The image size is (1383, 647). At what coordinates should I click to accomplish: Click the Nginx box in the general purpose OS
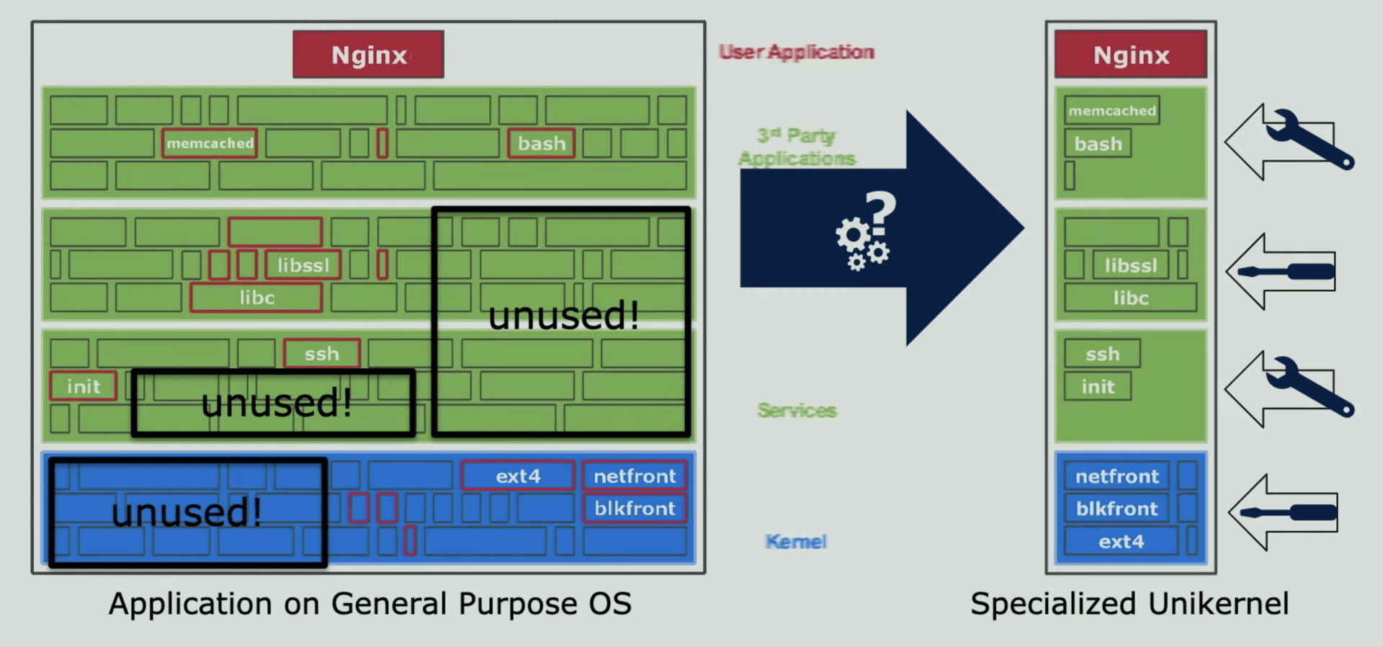pyautogui.click(x=368, y=55)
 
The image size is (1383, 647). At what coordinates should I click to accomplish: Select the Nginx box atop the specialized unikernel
pyautogui.click(x=1130, y=55)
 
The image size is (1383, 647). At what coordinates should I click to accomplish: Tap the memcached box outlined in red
pyautogui.click(x=210, y=143)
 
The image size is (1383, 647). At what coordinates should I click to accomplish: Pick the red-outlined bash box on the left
pyautogui.click(x=541, y=143)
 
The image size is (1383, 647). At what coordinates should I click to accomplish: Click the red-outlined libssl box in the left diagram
pyautogui.click(x=303, y=265)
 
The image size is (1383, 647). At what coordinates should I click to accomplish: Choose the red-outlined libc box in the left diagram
pyautogui.click(x=256, y=298)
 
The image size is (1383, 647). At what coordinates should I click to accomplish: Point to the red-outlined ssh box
pyautogui.click(x=321, y=354)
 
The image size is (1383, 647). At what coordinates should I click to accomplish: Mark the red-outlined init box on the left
pyautogui.click(x=84, y=386)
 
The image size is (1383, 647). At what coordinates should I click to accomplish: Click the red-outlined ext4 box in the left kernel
pyautogui.click(x=517, y=476)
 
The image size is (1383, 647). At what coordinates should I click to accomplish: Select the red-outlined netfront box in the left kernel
pyautogui.click(x=634, y=476)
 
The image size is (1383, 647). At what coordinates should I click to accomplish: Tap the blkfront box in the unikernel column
pyautogui.click(x=1116, y=509)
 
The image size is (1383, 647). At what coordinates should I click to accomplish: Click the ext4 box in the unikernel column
pyautogui.click(x=1121, y=541)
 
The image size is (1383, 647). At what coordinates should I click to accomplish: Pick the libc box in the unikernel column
pyautogui.click(x=1130, y=298)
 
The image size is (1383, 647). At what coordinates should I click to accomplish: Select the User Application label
pyautogui.click(x=796, y=52)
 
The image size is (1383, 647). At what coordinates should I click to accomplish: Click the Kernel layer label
pyautogui.click(x=795, y=541)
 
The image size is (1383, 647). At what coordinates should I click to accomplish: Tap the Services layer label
pyautogui.click(x=797, y=411)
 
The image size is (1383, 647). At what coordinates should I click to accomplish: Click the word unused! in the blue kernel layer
pyautogui.click(x=187, y=512)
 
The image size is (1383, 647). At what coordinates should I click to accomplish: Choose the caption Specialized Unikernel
pyautogui.click(x=1129, y=604)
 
